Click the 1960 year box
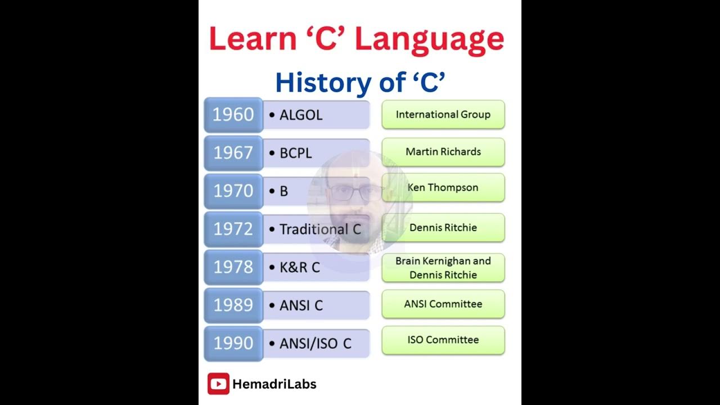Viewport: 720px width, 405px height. (x=233, y=115)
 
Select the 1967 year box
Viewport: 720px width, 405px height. (x=233, y=153)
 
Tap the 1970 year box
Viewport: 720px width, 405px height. (x=233, y=191)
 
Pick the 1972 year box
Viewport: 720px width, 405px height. (x=233, y=229)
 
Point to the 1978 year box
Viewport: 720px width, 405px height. (x=233, y=267)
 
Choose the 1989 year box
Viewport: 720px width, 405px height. (x=233, y=305)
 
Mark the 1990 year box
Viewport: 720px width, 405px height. (x=233, y=343)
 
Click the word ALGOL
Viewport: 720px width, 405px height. (x=301, y=115)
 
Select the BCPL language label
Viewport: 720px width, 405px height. (x=295, y=153)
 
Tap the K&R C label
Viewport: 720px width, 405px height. (x=299, y=267)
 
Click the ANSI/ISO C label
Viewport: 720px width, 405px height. (x=315, y=343)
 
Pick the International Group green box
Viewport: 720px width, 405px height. (x=443, y=115)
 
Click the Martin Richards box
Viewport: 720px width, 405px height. (x=443, y=152)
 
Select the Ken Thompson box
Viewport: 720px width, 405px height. (x=443, y=187)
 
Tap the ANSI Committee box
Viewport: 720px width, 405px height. (x=443, y=304)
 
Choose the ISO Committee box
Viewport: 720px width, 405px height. (x=443, y=340)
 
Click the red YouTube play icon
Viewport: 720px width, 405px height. (x=218, y=384)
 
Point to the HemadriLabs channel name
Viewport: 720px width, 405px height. (x=274, y=384)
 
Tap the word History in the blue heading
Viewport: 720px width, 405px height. (x=319, y=83)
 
